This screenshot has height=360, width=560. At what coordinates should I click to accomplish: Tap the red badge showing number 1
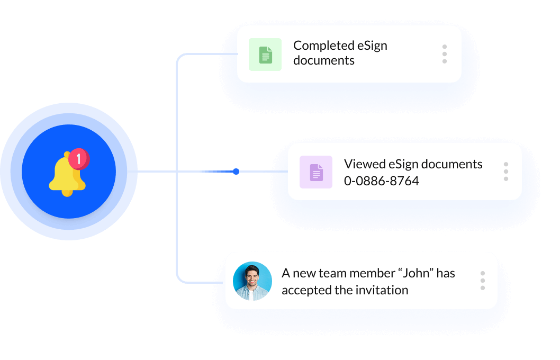[x=79, y=158]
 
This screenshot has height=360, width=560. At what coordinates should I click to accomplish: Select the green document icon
[x=265, y=55]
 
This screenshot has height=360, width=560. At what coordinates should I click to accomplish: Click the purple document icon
[x=316, y=172]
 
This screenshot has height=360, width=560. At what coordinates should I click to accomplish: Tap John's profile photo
[x=252, y=281]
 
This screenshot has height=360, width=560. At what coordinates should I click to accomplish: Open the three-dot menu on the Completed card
[x=445, y=54]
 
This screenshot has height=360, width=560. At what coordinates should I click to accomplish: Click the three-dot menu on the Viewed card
[x=506, y=172]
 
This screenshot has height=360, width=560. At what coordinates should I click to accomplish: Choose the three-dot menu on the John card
[x=483, y=281]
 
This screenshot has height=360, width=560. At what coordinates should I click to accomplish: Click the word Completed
[x=323, y=46]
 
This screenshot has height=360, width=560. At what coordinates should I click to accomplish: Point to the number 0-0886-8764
[x=381, y=181]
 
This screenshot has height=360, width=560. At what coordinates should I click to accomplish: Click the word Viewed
[x=363, y=164]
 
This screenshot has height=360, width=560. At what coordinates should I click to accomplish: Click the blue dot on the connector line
[x=236, y=172]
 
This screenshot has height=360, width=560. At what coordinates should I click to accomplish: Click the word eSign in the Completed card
[x=372, y=46]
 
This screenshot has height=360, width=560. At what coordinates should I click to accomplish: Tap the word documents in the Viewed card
[x=451, y=164]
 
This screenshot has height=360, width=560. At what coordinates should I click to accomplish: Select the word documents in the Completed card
[x=323, y=60]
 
